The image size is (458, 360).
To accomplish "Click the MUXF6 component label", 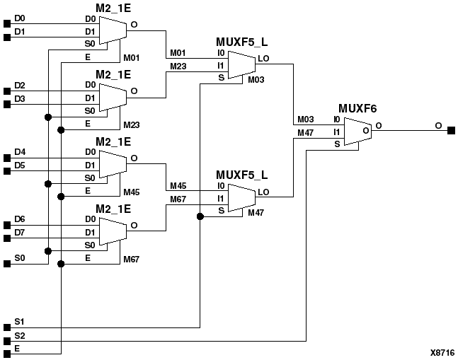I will [357, 108].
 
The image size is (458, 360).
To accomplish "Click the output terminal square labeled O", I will [451, 130].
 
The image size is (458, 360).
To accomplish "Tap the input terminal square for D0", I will [7, 24].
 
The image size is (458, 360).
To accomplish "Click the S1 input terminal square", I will [7, 327].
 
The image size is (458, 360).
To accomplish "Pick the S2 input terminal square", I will [7, 340].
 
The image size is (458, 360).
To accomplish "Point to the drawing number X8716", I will [442, 352].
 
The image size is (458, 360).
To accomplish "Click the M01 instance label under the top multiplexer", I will [131, 57].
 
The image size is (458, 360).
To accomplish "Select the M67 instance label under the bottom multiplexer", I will [131, 259].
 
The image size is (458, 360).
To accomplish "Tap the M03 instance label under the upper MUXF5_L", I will [256, 81].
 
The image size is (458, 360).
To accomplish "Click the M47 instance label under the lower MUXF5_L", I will [256, 213].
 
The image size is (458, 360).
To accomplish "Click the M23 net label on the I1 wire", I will [177, 65].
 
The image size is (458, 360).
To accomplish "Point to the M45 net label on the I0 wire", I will [177, 186].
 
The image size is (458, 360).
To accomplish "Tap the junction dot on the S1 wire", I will [200, 217].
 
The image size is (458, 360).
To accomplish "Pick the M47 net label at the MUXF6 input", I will [305, 132].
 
